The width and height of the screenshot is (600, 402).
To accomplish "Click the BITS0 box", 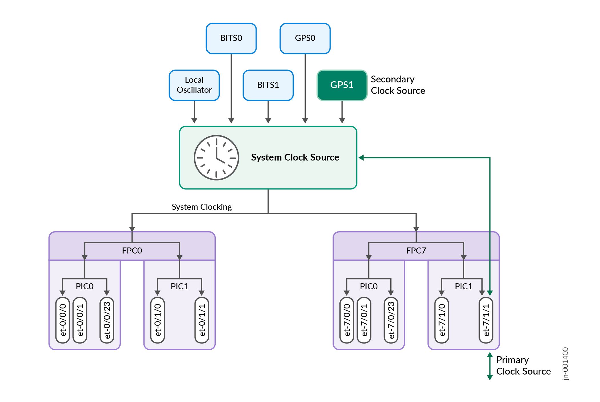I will [231, 38].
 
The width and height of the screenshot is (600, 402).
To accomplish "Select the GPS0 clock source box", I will [305, 38].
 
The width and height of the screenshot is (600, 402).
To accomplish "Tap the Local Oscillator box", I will [194, 85].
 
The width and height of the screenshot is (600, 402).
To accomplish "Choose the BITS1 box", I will [268, 85].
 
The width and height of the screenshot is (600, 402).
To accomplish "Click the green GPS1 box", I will [342, 85].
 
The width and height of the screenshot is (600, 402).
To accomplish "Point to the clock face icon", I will [216, 158].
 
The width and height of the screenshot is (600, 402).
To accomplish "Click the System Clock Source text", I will [295, 157].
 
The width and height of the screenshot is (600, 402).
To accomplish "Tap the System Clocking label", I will [202, 207].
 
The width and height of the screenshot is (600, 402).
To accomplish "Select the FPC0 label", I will [132, 251].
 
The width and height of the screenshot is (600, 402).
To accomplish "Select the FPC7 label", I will [416, 251].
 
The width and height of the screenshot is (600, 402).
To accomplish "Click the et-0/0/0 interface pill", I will [63, 320].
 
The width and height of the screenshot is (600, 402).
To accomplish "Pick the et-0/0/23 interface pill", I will [107, 320].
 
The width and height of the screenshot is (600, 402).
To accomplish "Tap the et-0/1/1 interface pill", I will [202, 320].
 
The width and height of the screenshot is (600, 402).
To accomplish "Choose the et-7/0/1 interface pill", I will [364, 320].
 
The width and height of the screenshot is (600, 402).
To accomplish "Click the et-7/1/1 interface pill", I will [486, 320].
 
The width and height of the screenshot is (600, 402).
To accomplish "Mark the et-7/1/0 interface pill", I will [442, 320].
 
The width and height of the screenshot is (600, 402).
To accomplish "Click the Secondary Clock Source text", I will [398, 85].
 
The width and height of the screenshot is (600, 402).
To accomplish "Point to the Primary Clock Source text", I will [523, 365].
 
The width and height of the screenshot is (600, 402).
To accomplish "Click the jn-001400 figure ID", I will [565, 364].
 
